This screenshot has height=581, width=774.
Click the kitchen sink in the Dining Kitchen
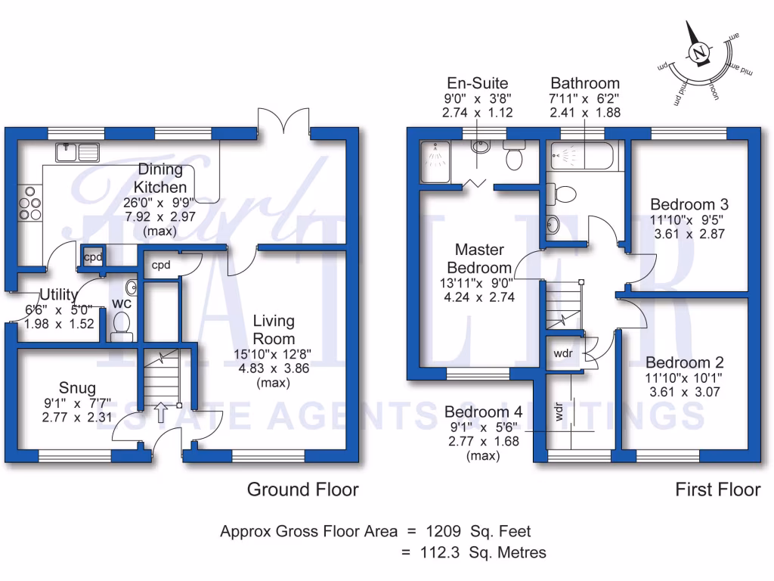point(77,152)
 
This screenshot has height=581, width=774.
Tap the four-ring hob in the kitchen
point(31,204)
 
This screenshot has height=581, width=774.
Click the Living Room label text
point(274,329)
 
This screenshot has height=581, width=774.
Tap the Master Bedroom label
point(479,258)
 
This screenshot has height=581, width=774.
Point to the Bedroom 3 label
point(689,204)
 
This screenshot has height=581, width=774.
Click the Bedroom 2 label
point(678,363)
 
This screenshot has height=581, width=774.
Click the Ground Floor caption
point(302,489)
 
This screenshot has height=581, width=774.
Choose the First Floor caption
point(717,489)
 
